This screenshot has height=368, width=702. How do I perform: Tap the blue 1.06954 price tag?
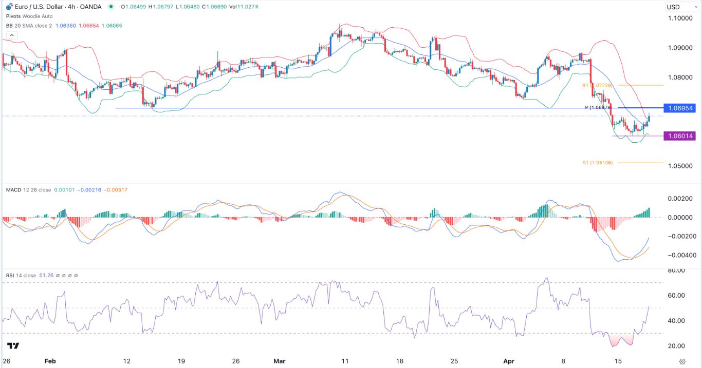pyautogui.click(x=679, y=108)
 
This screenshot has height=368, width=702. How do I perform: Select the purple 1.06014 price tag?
pyautogui.click(x=679, y=136)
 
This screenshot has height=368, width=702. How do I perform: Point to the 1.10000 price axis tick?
pyautogui.click(x=680, y=18)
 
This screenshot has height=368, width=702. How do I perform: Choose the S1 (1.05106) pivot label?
pyautogui.click(x=597, y=163)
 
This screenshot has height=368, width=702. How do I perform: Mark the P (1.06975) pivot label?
pyautogui.click(x=598, y=108)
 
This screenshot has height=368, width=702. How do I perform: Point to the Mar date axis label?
pyautogui.click(x=280, y=361)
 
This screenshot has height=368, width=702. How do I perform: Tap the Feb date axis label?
pyautogui.click(x=50, y=361)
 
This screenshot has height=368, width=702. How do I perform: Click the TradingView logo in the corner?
pyautogui.click(x=14, y=346)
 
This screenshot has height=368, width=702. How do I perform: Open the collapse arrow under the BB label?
pyautogui.click(x=10, y=35)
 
